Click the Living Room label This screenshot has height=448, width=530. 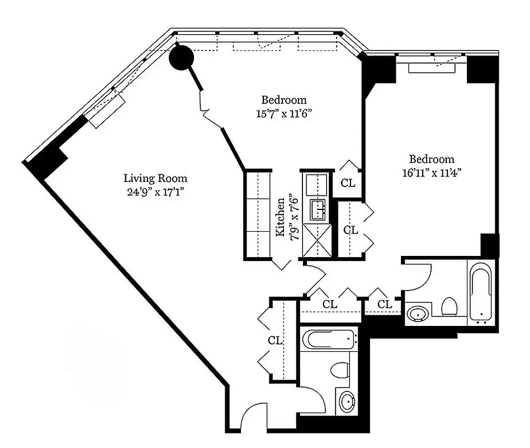coord(155,179)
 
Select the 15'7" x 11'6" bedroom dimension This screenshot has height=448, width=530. coord(283,113)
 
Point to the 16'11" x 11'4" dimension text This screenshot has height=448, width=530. coord(431,172)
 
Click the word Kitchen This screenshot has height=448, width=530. coord(282,216)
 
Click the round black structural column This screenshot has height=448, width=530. coord(181,57)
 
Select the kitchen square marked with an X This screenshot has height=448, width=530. coord(316,240)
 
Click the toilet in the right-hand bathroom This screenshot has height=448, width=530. coord(449,307)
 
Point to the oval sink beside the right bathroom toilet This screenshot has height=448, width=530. coord(418,314)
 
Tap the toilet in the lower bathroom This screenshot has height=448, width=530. coord(340,370)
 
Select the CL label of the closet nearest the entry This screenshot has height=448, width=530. coord(274,340)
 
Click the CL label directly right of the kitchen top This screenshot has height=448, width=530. coord(347,183)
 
